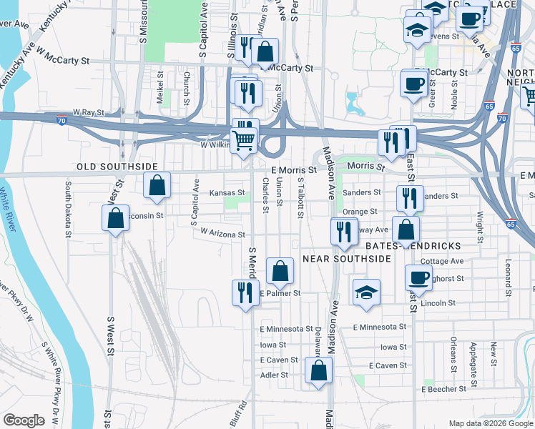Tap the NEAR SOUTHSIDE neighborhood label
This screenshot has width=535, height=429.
point(347,258)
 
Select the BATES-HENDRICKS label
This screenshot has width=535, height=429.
point(413,245)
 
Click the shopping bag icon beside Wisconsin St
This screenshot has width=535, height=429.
point(115,219)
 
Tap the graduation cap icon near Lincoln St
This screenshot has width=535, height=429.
point(366,292)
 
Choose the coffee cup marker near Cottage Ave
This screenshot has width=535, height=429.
point(418,277)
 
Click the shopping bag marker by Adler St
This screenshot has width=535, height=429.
point(318,370)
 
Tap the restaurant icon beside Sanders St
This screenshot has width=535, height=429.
point(408,197)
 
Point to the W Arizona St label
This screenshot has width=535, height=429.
point(223,233)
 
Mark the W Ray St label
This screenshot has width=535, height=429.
point(89,113)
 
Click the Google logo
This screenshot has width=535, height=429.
point(24,420)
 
